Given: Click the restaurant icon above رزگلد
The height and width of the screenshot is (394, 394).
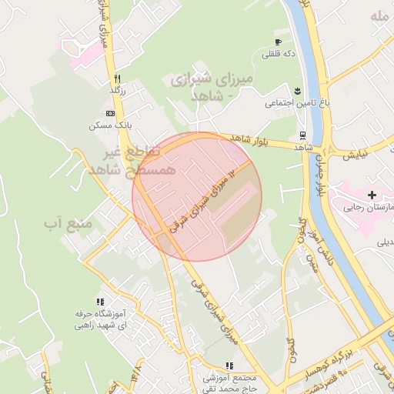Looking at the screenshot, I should pyautogui.click(x=117, y=78).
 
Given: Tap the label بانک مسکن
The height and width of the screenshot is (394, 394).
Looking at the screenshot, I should pyautogui.click(x=107, y=125).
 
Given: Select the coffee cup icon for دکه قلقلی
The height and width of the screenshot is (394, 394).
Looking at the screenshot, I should pyautogui.click(x=277, y=42).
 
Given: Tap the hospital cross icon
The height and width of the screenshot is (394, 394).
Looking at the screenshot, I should pyautogui.click(x=372, y=195).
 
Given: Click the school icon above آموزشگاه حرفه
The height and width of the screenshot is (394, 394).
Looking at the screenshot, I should pyautogui.click(x=99, y=302).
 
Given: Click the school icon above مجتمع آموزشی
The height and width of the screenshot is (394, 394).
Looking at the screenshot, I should pyautogui.click(x=229, y=366).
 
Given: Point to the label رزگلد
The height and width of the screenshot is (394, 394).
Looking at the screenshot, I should pyautogui.click(x=117, y=90).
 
